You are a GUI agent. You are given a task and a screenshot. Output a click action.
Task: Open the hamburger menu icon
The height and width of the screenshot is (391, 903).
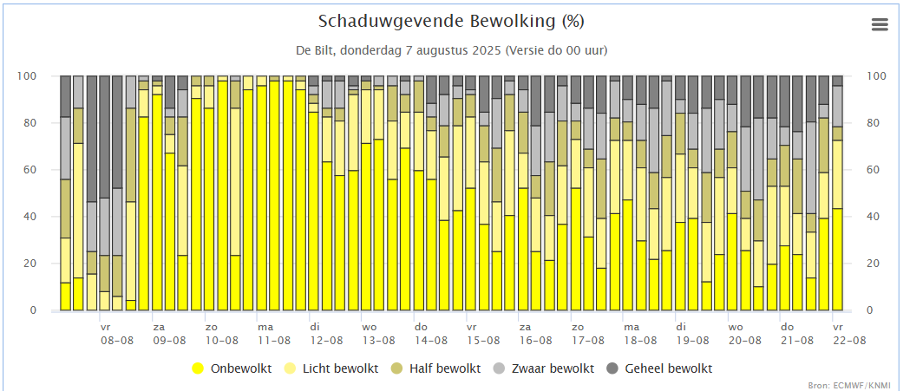pyautogui.click(x=880, y=24)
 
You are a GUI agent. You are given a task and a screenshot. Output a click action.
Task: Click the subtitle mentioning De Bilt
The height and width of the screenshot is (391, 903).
pyautogui.click(x=451, y=50)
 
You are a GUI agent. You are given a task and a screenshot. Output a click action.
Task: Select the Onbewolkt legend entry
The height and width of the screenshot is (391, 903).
pyautogui.click(x=232, y=368)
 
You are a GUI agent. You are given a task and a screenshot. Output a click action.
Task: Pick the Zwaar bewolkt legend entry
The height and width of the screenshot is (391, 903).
pyautogui.click(x=546, y=368)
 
